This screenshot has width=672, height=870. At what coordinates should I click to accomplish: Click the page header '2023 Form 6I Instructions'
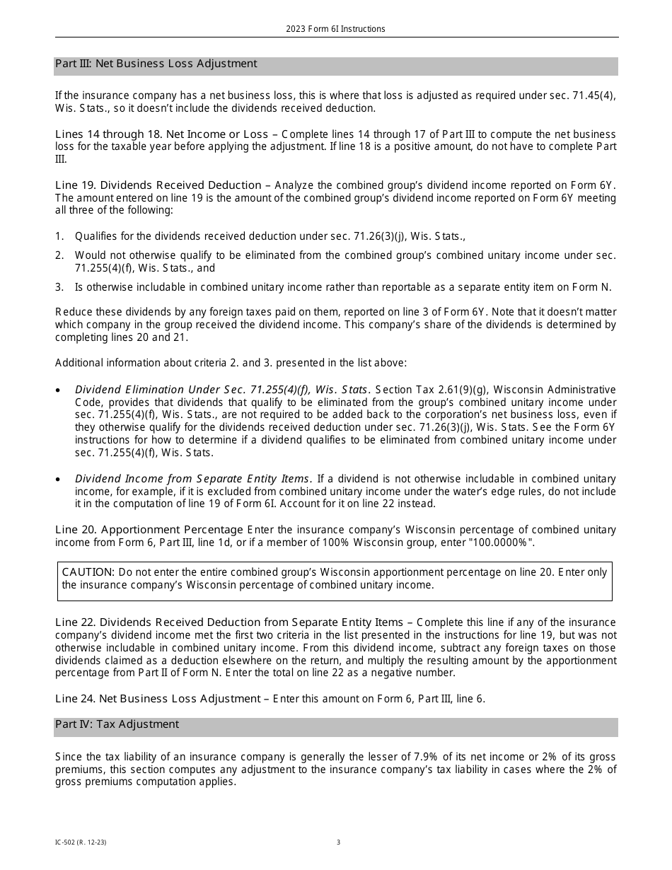click(335, 29)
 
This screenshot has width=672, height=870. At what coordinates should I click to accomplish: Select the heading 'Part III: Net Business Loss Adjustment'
click(156, 64)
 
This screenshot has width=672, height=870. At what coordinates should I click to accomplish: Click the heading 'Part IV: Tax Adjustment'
click(117, 724)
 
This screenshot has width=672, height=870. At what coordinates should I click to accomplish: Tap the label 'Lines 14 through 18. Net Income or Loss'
click(161, 134)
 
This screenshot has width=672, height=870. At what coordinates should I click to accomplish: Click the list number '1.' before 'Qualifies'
click(59, 237)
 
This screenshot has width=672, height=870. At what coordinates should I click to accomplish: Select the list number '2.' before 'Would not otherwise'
click(59, 255)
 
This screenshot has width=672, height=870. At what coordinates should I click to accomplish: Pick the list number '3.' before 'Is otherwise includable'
click(59, 287)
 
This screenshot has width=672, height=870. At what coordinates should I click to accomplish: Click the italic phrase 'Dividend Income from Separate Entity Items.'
click(194, 480)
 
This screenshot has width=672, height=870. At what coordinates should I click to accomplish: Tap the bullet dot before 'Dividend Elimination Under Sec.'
click(58, 390)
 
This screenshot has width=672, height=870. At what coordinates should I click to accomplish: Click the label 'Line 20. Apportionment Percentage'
click(149, 530)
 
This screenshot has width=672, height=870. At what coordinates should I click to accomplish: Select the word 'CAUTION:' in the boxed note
click(88, 572)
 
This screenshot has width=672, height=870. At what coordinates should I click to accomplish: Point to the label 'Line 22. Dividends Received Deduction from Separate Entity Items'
click(228, 622)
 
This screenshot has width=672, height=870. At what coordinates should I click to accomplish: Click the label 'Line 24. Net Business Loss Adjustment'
click(158, 699)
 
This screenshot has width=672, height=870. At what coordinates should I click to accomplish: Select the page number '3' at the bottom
click(338, 842)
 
